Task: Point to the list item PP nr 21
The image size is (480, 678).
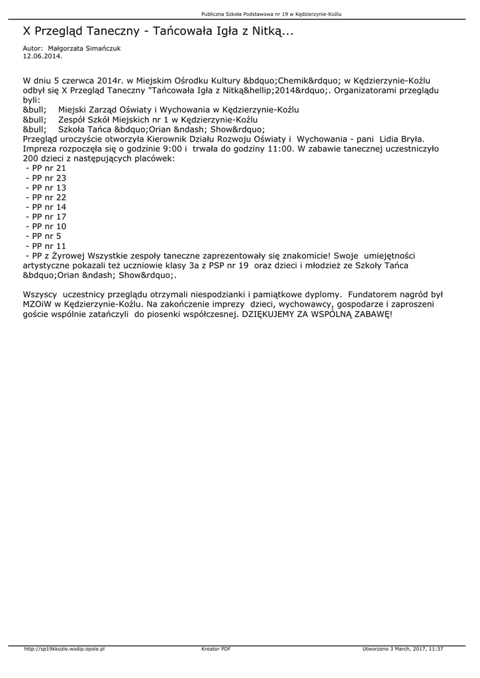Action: click(x=46, y=169)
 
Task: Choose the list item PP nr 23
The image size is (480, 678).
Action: click(x=46, y=178)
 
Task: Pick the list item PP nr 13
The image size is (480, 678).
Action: click(x=46, y=188)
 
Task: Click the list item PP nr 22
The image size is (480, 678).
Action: click(x=46, y=197)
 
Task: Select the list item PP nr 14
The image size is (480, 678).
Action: click(x=46, y=207)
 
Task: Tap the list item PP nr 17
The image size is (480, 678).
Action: click(x=46, y=217)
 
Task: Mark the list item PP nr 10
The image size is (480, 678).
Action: click(x=46, y=226)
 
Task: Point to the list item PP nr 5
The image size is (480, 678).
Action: click(x=43, y=236)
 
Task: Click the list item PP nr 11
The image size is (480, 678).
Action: click(x=46, y=246)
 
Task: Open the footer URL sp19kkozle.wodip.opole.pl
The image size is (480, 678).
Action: click(x=64, y=649)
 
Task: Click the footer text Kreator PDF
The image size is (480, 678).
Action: click(x=216, y=649)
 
